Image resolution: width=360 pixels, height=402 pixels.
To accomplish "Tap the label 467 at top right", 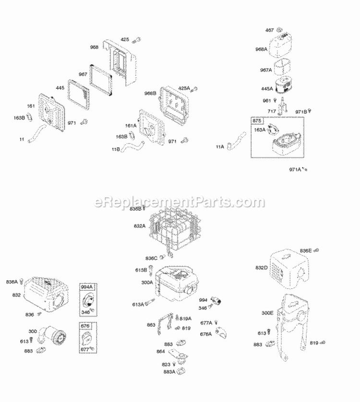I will point(269,30).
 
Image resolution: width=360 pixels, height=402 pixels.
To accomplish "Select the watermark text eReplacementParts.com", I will point(180,202).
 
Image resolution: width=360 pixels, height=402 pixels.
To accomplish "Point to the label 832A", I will point(140,225).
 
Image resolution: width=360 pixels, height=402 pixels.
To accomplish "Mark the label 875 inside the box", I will point(258,121).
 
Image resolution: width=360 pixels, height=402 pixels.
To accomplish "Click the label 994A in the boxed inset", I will point(86,286).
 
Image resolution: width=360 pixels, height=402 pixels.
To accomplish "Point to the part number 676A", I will point(206,334).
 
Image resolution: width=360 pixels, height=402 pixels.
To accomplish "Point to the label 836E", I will point(306,250).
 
